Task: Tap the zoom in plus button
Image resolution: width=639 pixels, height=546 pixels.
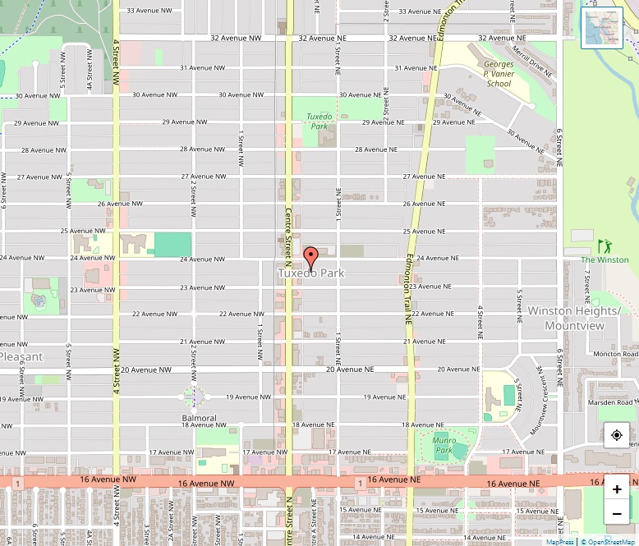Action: [x=617, y=489]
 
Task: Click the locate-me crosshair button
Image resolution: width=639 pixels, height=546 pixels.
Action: [x=617, y=435]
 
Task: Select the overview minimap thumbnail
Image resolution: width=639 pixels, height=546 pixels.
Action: [x=601, y=28]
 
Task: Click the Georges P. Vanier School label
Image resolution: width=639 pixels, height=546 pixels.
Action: [x=499, y=74]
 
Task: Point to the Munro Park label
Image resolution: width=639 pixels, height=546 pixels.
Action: [x=444, y=445]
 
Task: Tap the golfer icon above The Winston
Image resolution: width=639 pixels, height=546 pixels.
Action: [x=605, y=246]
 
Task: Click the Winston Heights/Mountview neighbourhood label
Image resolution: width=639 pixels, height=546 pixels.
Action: [x=574, y=319]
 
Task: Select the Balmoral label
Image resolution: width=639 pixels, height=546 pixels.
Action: [x=199, y=418]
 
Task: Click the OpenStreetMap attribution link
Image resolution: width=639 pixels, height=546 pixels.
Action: [x=609, y=542]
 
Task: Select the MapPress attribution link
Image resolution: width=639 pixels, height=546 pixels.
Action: [x=559, y=542]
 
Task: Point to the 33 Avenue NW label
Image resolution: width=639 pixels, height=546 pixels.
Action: [x=149, y=11]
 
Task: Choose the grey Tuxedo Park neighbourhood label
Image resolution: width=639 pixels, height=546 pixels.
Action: [x=310, y=273]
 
